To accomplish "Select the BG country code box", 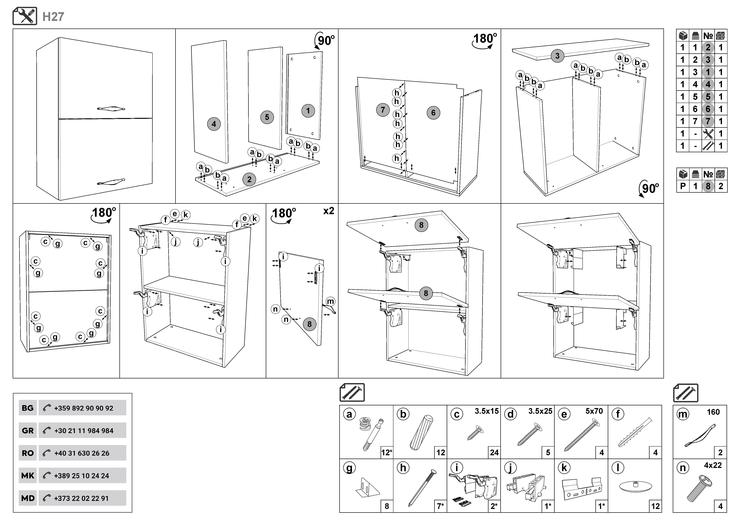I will tap(28, 408).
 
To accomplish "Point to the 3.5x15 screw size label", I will tap(486, 411).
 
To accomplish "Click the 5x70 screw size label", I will tap(594, 411).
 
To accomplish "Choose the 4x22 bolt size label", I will tap(713, 465).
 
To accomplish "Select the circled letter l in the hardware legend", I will tap(618, 468).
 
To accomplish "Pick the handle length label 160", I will tap(713, 412).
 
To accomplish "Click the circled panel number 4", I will tap(214, 124).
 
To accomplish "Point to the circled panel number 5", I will tap(267, 117).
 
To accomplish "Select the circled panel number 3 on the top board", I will tap(557, 56).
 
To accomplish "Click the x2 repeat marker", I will tap(328, 211).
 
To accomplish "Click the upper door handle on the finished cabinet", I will tap(111, 109).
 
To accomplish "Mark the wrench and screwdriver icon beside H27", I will tap(25, 16).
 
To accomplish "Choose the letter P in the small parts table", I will tap(683, 186).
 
